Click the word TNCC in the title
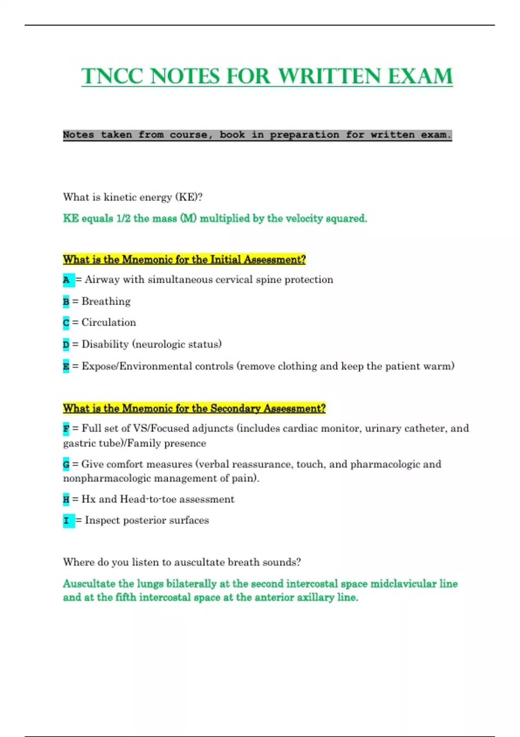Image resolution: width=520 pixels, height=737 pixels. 112,77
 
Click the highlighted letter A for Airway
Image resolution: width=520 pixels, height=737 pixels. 66,280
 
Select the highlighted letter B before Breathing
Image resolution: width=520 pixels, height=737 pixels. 66,302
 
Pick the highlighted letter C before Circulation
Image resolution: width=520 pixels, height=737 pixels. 66,323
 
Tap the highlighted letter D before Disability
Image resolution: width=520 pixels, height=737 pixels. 66,345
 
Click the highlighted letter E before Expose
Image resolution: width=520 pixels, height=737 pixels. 66,367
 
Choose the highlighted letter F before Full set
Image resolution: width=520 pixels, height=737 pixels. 66,429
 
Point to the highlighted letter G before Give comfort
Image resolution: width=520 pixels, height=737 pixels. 66,465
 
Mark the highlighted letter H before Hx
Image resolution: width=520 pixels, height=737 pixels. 66,500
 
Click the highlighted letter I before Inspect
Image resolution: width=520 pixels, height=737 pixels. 66,521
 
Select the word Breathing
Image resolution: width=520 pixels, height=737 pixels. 106,301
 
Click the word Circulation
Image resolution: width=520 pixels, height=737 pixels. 108,323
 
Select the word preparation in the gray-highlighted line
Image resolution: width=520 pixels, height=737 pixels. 304,135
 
